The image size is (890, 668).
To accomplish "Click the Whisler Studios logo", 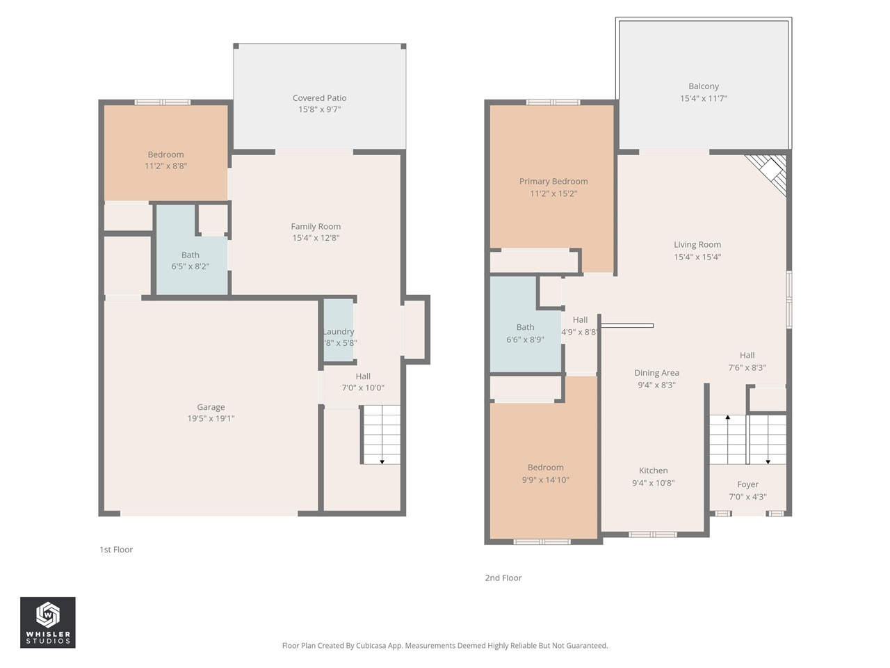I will point(47,622).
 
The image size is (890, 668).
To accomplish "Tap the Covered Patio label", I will point(319,98).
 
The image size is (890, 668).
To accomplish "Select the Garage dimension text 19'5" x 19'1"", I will point(211,419).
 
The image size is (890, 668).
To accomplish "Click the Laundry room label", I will point(339,332).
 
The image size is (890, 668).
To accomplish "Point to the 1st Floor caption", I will point(116,550).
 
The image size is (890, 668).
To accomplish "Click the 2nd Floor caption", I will point(503,578).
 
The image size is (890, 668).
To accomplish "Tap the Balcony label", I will point(704,86).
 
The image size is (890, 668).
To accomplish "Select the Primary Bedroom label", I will point(553,182).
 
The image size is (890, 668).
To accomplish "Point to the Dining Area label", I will point(656,373).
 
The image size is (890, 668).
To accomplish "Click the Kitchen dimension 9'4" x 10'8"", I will point(653,483).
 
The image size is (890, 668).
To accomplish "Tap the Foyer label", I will point(747,485).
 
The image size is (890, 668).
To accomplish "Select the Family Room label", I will point(316,226).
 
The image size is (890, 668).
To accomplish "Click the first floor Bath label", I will point(191,255).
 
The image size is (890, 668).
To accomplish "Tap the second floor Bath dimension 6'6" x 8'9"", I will point(525,340).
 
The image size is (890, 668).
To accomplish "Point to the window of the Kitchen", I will point(652,534).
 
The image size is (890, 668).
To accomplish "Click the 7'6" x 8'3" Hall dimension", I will point(747,367).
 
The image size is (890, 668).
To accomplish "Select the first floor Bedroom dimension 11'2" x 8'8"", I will point(165,166).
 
